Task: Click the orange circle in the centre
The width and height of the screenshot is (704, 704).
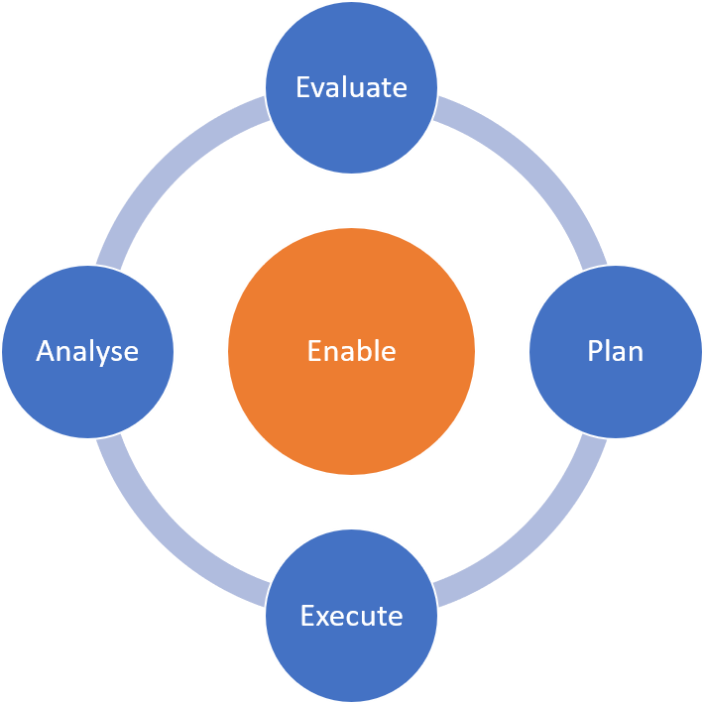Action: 352,397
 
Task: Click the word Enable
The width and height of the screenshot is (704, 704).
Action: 352,351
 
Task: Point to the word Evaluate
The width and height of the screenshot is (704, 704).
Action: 352,87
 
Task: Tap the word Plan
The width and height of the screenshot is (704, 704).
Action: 615,351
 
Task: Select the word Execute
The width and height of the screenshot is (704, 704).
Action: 352,616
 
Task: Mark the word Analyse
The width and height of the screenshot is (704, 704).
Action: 87,351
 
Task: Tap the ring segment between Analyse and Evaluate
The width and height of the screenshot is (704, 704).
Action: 165,165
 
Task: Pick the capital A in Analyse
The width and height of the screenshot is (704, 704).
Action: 46,351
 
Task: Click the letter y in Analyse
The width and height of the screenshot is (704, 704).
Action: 104,354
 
